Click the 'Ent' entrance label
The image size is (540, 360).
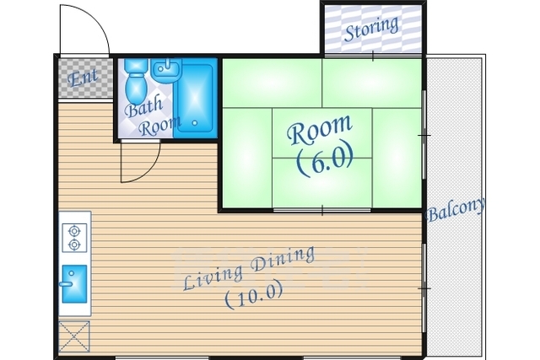coord(83,77)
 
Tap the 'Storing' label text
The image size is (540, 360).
coord(371,28)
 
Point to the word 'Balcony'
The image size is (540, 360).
coord(456,209)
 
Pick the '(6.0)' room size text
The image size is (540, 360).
coord(325,159)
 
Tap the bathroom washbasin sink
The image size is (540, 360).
coord(166,70)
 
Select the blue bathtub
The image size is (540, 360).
coord(195,98)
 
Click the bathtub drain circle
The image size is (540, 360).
coord(195,122)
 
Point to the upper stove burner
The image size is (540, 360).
coord(74,230)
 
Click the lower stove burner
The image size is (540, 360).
coord(74,244)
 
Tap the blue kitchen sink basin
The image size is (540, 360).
coord(74,284)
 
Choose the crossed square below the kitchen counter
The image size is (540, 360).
coord(74,336)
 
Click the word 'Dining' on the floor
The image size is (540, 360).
coord(283,261)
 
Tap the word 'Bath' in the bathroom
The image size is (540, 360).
coord(144,107)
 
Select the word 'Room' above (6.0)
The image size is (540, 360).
coord(321,129)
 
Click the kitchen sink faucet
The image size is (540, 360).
coord(66,284)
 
